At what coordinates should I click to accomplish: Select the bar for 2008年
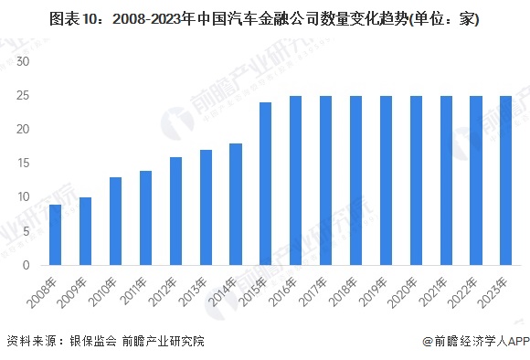coord(55,235)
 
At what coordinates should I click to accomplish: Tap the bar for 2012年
coord(175,211)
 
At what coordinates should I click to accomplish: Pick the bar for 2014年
coord(236,205)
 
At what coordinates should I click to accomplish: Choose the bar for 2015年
coord(266,184)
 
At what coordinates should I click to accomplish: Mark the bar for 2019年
coord(386,181)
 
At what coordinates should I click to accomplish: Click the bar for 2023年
coord(506,181)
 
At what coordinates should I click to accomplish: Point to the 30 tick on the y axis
coord(24,62)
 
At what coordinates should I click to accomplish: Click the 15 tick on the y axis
coord(24,164)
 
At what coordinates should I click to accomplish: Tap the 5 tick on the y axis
coord(27,231)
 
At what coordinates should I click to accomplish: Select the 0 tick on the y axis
coord(27,265)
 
